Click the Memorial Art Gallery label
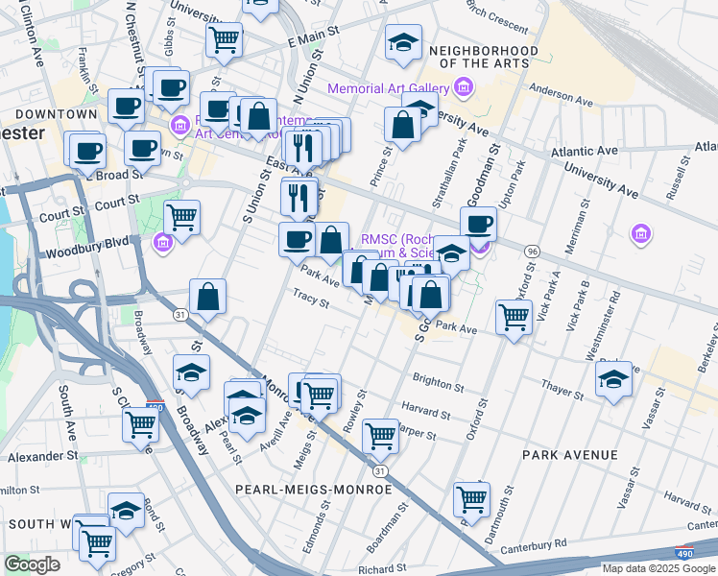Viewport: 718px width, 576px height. pyautogui.click(x=389, y=89)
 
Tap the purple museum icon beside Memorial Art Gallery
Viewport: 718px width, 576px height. pyautogui.click(x=464, y=89)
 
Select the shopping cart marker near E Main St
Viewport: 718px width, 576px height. pyautogui.click(x=224, y=39)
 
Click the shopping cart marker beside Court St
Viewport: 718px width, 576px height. pyautogui.click(x=181, y=217)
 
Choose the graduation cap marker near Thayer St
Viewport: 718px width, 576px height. pyautogui.click(x=613, y=379)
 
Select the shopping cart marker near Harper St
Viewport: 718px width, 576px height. pyautogui.click(x=381, y=435)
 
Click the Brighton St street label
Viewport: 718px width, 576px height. pyautogui.click(x=438, y=382)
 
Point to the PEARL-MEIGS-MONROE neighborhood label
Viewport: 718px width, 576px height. pyautogui.click(x=314, y=490)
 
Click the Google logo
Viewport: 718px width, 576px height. pyautogui.click(x=32, y=564)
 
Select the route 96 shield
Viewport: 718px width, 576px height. pyautogui.click(x=531, y=251)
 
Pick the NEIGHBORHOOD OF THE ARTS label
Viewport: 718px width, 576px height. pyautogui.click(x=479, y=56)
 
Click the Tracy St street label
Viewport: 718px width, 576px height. pyautogui.click(x=311, y=300)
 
